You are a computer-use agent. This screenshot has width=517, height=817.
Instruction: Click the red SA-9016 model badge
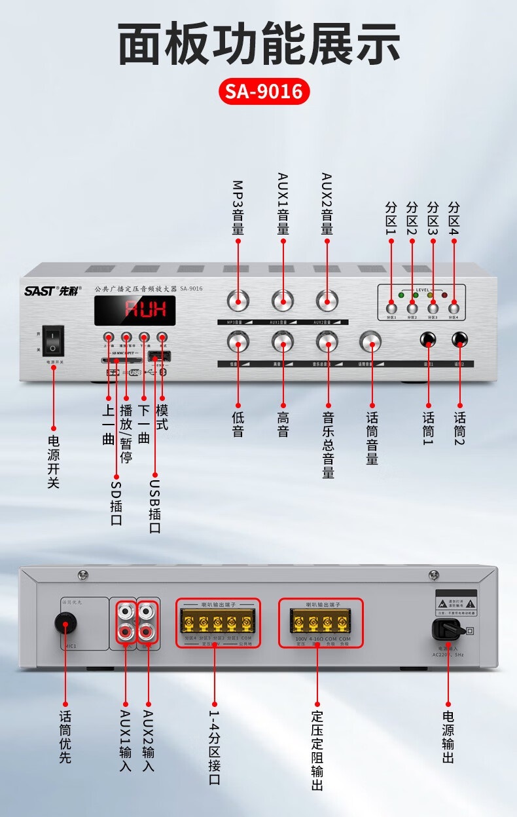264,92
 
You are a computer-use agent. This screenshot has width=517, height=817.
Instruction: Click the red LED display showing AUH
134,310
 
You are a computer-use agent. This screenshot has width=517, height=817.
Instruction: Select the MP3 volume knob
238,301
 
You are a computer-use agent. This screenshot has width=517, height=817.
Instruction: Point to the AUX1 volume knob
283,301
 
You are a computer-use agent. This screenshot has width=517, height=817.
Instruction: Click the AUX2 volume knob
327,301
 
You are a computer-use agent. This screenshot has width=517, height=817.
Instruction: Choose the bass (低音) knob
238,341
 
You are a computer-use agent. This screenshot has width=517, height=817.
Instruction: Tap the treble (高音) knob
283,341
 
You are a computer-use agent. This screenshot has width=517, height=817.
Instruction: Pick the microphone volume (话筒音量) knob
371,341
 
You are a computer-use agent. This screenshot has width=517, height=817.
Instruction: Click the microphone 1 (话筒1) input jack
428,339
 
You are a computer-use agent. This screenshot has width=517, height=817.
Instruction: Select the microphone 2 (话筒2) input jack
459,339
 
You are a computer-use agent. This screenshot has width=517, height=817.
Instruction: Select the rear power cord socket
446,630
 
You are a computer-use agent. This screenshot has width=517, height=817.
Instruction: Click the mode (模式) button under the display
162,337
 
